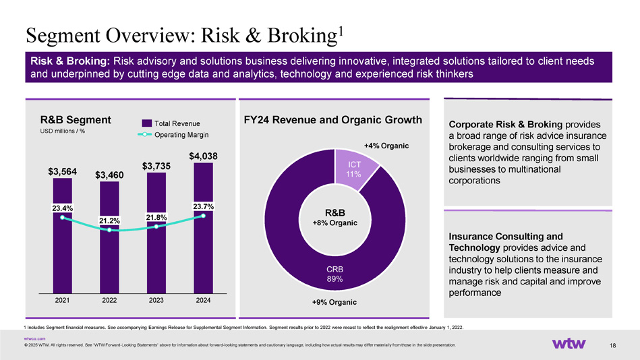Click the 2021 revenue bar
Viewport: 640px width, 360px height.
pyautogui.click(x=63, y=256)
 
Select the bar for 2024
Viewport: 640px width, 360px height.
pyautogui.click(x=203, y=256)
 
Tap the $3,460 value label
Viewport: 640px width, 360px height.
pyautogui.click(x=109, y=175)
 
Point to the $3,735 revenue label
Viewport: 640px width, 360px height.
pyautogui.click(x=156, y=166)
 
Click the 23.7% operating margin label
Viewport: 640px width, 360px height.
pyautogui.click(x=203, y=206)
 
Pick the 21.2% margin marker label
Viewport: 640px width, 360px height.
pyautogui.click(x=110, y=220)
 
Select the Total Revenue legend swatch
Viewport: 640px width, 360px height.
pyautogui.click(x=146, y=123)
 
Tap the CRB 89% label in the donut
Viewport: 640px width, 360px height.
pyautogui.click(x=335, y=273)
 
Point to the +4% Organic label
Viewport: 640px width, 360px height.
pyautogui.click(x=386, y=146)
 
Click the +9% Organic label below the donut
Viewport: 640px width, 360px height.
pyautogui.click(x=335, y=302)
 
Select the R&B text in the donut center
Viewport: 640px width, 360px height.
pyautogui.click(x=335, y=212)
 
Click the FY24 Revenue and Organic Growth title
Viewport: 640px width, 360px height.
pyautogui.click(x=332, y=120)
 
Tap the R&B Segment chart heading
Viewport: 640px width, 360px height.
pyautogui.click(x=76, y=120)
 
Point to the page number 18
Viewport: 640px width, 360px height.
pyautogui.click(x=612, y=345)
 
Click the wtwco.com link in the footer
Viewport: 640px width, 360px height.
pyautogui.click(x=34, y=338)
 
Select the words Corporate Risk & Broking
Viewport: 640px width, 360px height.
pyautogui.click(x=501, y=125)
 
